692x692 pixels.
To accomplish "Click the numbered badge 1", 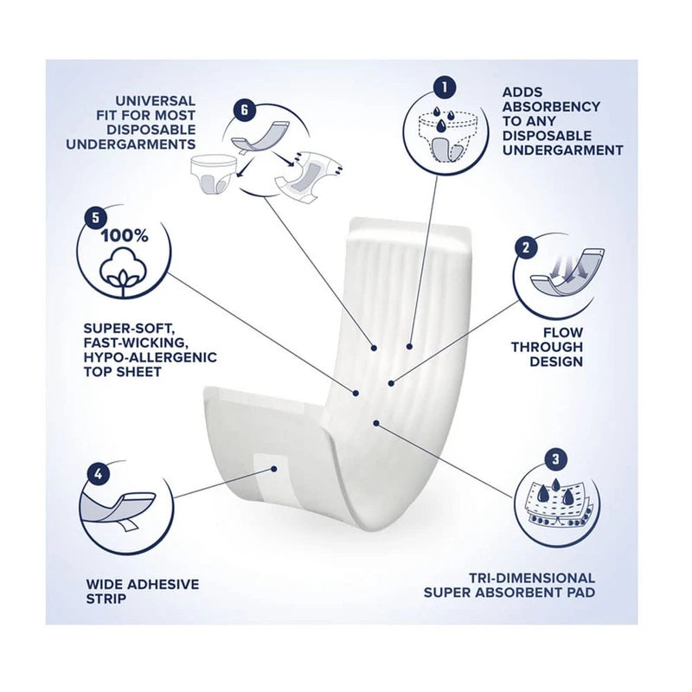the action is tap(445, 87).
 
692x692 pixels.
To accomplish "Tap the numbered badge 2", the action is tap(525, 247).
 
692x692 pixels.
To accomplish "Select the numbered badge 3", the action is tap(555, 459).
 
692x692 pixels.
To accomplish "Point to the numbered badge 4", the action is tap(99, 474).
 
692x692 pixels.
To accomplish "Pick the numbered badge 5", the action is tap(96, 218).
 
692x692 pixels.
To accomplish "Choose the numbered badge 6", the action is tap(244, 110).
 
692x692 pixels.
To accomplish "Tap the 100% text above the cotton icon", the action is tap(125, 236).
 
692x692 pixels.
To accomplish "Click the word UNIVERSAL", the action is tap(156, 101).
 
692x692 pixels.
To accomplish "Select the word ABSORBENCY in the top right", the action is tap(551, 106).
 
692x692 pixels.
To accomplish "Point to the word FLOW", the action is tap(563, 333).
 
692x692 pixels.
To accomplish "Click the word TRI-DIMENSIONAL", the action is tap(532, 578).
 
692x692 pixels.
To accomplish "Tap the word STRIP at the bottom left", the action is tap(106, 599).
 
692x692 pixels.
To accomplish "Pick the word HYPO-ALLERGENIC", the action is tap(150, 357).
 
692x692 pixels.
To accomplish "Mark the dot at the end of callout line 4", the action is tap(274, 469).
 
